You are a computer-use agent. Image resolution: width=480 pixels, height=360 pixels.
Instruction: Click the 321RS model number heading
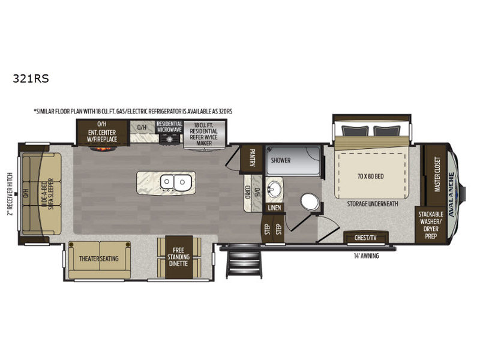pos(31,79)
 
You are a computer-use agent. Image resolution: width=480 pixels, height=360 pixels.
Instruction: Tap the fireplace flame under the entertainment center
pos(103,149)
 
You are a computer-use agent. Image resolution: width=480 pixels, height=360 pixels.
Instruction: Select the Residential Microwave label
pos(169,127)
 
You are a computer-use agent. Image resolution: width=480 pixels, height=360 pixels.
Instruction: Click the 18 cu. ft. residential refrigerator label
pos(203,134)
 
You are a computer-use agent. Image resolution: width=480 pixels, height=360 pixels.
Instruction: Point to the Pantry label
pos(252,158)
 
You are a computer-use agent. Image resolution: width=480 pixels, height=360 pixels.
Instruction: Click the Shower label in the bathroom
pos(281,160)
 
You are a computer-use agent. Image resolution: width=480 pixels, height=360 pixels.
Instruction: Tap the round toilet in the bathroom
pos(310,202)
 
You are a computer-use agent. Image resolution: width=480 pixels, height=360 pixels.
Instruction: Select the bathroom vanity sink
pos(274,190)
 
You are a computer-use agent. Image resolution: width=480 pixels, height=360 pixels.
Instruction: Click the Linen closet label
pos(274,208)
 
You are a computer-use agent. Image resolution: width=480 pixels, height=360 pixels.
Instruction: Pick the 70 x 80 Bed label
pos(370,176)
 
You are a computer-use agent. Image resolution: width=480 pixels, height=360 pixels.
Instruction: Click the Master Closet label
pos(437,175)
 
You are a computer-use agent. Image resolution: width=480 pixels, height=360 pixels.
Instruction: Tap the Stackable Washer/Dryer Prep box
pos(430,225)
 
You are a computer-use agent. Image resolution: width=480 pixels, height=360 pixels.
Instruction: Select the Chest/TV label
pos(365,238)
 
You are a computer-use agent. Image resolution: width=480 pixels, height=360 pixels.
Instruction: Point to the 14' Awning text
pos(367,256)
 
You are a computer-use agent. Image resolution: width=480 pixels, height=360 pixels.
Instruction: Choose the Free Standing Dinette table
pos(179,257)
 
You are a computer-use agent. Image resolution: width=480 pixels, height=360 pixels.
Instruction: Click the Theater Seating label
pos(98,259)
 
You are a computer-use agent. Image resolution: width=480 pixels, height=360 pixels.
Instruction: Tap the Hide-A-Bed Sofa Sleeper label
pos(48,194)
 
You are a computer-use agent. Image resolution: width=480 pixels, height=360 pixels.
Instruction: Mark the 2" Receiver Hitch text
pos(10,194)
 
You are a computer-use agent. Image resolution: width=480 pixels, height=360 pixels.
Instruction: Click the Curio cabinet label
pos(248,192)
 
